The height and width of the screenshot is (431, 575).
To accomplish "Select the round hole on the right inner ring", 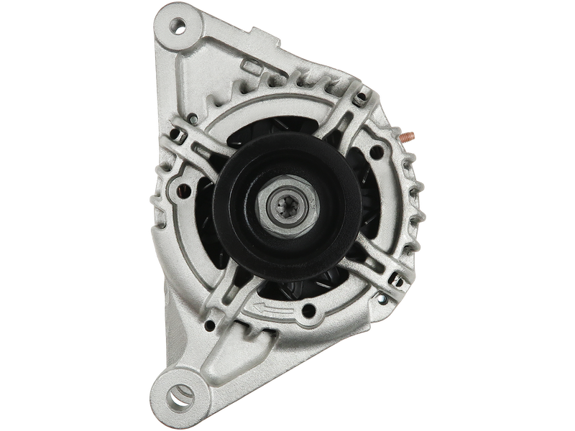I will click(374, 152).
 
